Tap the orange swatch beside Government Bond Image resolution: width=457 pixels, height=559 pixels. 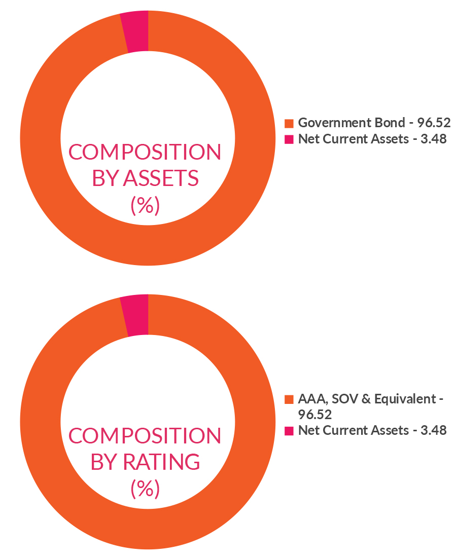[x=289, y=123]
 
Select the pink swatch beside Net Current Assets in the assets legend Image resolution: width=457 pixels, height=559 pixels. [x=289, y=139]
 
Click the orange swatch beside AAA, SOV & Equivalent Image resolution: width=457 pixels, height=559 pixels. [x=289, y=399]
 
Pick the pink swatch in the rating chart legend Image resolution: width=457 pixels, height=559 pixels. [x=289, y=431]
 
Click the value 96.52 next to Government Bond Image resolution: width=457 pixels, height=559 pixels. [x=434, y=123]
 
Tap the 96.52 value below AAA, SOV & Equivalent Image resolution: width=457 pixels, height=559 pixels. [x=314, y=415]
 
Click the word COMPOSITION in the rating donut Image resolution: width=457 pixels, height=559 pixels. [x=145, y=435]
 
